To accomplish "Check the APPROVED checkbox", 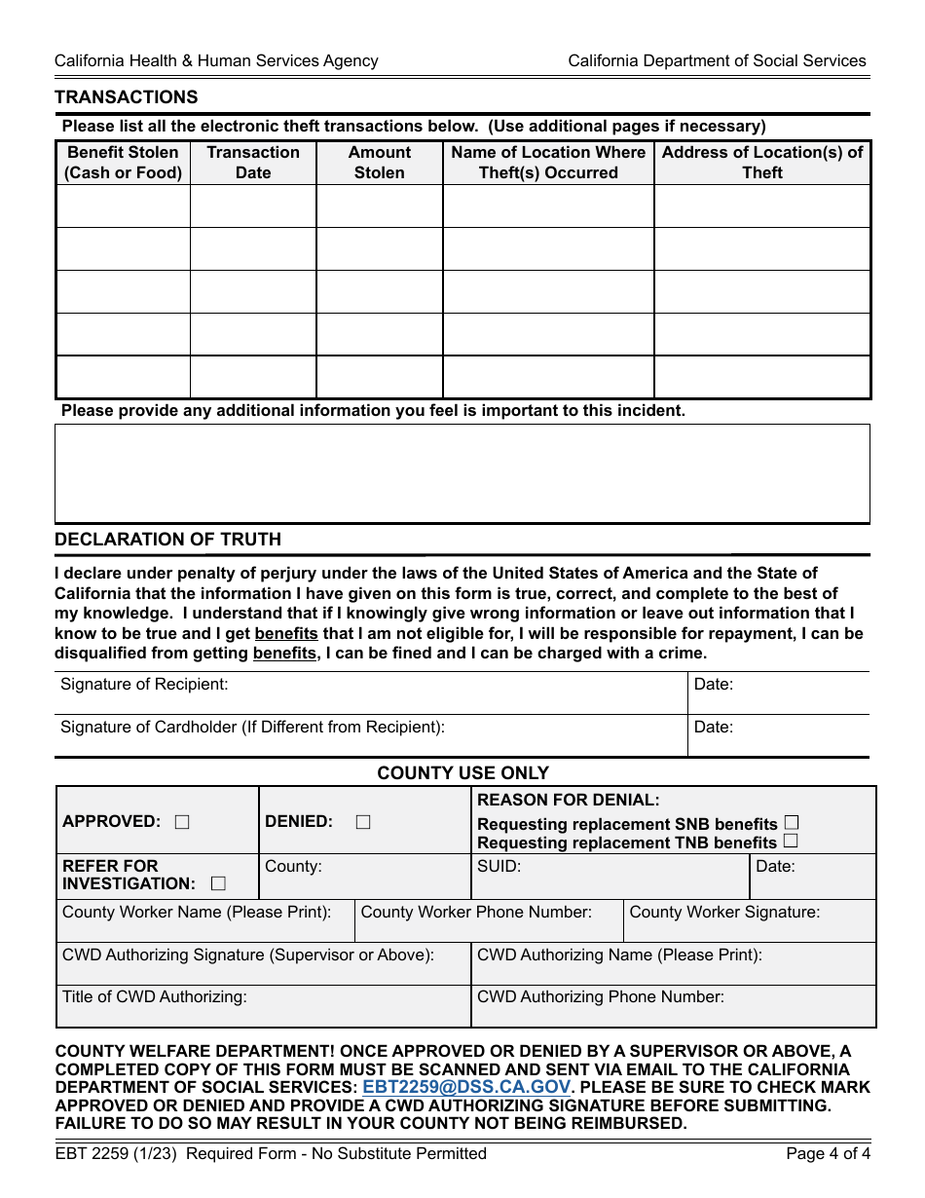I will (x=182, y=822).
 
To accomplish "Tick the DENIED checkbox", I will (x=363, y=822).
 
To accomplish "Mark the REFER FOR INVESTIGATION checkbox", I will (x=218, y=884).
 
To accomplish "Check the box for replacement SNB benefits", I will (x=792, y=823).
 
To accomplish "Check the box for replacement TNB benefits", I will (x=791, y=841).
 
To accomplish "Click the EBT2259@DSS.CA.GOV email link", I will (x=466, y=1087).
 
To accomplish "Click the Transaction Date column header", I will (x=253, y=163).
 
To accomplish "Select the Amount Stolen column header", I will (x=380, y=163).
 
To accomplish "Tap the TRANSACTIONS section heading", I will (x=127, y=97).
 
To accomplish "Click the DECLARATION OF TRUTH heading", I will (x=167, y=540).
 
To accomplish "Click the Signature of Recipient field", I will (x=370, y=693).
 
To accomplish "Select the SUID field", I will (x=610, y=878).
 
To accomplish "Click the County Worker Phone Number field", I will (x=489, y=922).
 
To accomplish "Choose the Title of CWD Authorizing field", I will (x=263, y=1007).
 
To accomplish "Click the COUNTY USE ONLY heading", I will (x=463, y=773).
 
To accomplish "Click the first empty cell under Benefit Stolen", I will (x=123, y=206).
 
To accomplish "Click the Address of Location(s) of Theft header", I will (x=762, y=163).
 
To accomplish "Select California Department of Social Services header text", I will (x=717, y=60).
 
